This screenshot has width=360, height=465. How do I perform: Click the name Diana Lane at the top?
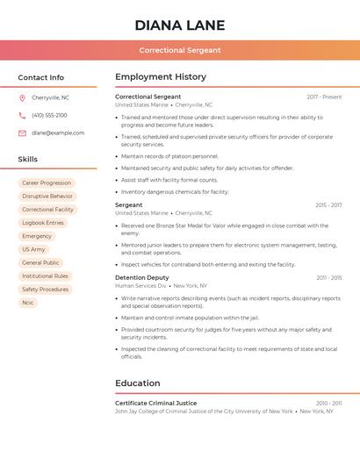[x=179, y=25]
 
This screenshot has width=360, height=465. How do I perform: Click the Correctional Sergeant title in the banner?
[x=179, y=50]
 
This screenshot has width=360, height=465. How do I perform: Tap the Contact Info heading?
[x=40, y=77]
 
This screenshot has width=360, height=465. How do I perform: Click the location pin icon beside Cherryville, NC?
[x=22, y=97]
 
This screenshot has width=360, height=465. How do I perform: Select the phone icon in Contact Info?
[x=22, y=115]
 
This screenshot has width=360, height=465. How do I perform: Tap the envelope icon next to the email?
[x=22, y=132]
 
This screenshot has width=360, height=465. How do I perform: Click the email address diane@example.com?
[x=58, y=132]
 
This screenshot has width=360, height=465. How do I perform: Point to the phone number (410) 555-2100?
[x=49, y=115]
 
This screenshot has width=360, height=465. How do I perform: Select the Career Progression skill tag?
[x=47, y=183]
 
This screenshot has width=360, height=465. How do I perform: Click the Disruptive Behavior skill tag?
[x=47, y=197]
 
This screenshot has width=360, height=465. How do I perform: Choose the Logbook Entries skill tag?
[x=43, y=223]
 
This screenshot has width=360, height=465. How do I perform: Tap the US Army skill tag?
[x=33, y=249]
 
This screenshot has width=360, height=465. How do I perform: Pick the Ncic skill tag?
[x=28, y=303]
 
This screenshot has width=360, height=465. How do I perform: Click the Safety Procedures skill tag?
[x=45, y=290]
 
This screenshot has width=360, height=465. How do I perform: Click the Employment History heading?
[x=161, y=77]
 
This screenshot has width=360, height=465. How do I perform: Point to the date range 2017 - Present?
[x=324, y=97]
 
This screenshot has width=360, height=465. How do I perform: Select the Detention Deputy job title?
[x=142, y=277]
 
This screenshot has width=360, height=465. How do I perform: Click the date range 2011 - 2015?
[x=329, y=277]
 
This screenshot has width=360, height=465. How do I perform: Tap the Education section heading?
[x=138, y=383]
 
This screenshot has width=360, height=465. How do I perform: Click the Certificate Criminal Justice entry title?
[x=156, y=403]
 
